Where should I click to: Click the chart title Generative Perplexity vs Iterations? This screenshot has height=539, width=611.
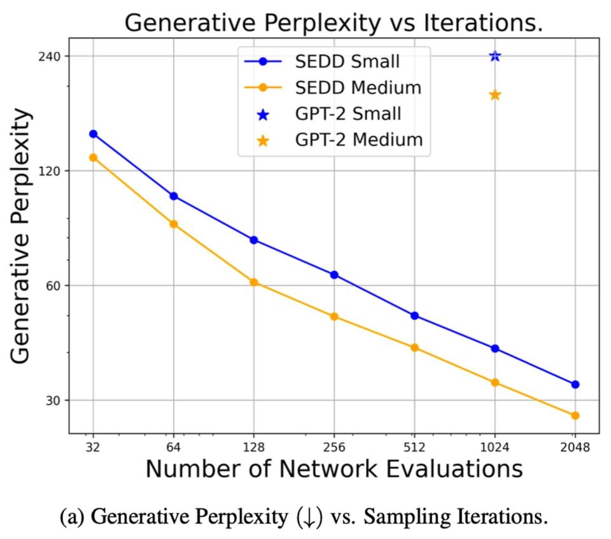(x=334, y=23)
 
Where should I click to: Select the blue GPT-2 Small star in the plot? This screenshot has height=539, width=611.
(x=495, y=56)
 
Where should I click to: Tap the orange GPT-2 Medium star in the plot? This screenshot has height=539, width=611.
(x=495, y=95)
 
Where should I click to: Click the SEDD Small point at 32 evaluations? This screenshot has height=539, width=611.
(x=93, y=134)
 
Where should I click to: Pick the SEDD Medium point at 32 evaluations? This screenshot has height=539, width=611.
(x=93, y=157)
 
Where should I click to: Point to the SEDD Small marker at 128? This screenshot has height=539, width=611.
(x=254, y=240)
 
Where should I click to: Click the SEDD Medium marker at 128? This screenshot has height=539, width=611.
(x=254, y=282)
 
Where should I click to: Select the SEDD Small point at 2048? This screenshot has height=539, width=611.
(x=575, y=384)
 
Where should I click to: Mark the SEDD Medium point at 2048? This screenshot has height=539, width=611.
(x=575, y=415)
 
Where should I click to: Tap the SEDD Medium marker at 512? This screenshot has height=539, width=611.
(x=414, y=348)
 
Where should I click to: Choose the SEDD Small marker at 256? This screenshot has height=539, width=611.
(x=334, y=275)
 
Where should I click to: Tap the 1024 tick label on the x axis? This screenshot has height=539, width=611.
(x=495, y=447)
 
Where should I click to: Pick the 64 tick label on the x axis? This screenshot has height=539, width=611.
(x=173, y=447)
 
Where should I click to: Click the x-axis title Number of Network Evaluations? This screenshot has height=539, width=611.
(x=334, y=470)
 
